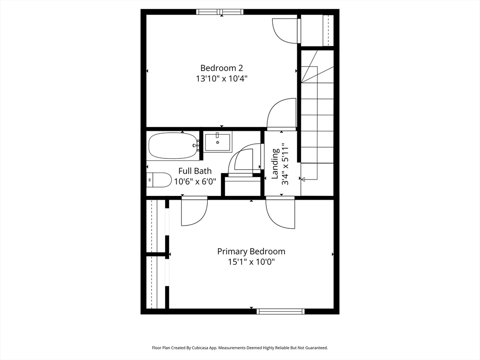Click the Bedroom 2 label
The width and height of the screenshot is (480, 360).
click(222, 68)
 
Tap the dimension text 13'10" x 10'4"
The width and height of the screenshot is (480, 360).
click(222, 79)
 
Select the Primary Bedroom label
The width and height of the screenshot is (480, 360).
click(251, 252)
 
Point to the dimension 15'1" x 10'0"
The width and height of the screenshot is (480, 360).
click(251, 262)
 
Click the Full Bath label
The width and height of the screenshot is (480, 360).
click(195, 171)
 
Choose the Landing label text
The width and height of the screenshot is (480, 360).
click(276, 164)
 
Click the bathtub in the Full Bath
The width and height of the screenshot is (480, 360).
click(173, 145)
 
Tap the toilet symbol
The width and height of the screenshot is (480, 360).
click(159, 180)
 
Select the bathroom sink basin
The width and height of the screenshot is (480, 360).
click(217, 142)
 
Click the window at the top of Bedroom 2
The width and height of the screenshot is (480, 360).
click(220, 12)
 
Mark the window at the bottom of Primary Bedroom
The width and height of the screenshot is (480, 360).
click(280, 311)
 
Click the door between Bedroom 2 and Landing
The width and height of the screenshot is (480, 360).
click(282, 114)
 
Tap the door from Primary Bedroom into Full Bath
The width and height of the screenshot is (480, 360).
click(195, 211)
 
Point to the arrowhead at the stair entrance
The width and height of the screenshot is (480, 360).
click(303, 180)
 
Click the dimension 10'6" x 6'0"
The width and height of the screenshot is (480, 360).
click(195, 181)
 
